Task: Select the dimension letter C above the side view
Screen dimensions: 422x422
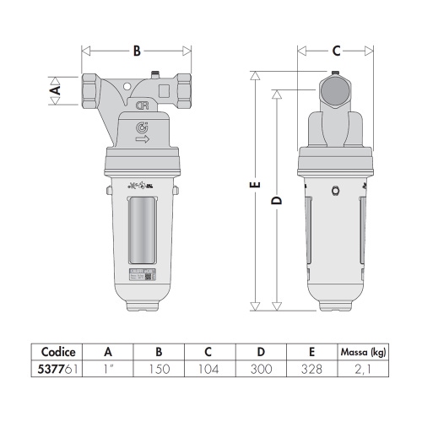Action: pos(335,51)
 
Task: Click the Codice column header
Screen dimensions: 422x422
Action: pos(59,352)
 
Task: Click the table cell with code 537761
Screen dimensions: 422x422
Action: pos(59,369)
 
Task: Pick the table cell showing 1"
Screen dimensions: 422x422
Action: pos(107,369)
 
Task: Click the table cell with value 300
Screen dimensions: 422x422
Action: pos(262,369)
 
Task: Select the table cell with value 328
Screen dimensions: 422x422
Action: pos(313,369)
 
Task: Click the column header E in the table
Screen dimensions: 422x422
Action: pos(313,352)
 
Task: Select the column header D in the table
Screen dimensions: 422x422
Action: pos(262,352)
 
